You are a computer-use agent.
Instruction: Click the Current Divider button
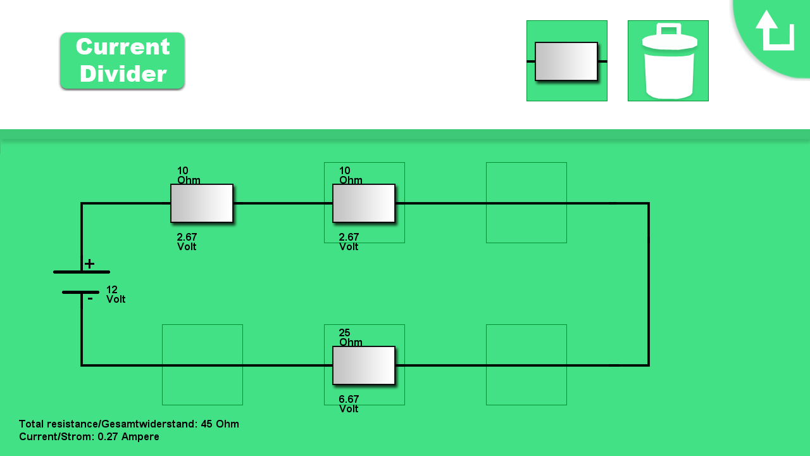coord(122,61)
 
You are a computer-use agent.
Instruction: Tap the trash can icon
coord(668,61)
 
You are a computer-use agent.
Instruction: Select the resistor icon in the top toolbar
coord(566,61)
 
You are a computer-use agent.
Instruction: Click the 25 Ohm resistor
coord(364,365)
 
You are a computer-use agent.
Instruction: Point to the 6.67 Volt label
coord(349,404)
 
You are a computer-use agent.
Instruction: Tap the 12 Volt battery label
coord(116,294)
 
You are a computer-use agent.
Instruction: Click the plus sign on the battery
coord(90,264)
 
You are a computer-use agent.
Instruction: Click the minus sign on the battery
coord(90,298)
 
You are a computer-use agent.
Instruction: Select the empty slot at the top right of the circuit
coord(526,203)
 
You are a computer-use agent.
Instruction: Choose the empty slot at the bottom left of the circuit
coord(202,365)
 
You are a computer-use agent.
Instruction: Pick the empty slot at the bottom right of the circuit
coord(526,365)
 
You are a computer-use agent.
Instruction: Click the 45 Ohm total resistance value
coord(220,424)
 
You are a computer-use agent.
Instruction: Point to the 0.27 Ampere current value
coord(128,437)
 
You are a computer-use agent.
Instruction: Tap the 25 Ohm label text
coord(351,338)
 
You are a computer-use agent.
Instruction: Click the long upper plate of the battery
coord(81,272)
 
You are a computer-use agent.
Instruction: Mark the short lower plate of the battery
coord(81,292)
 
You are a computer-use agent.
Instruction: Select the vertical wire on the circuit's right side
coord(649,284)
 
